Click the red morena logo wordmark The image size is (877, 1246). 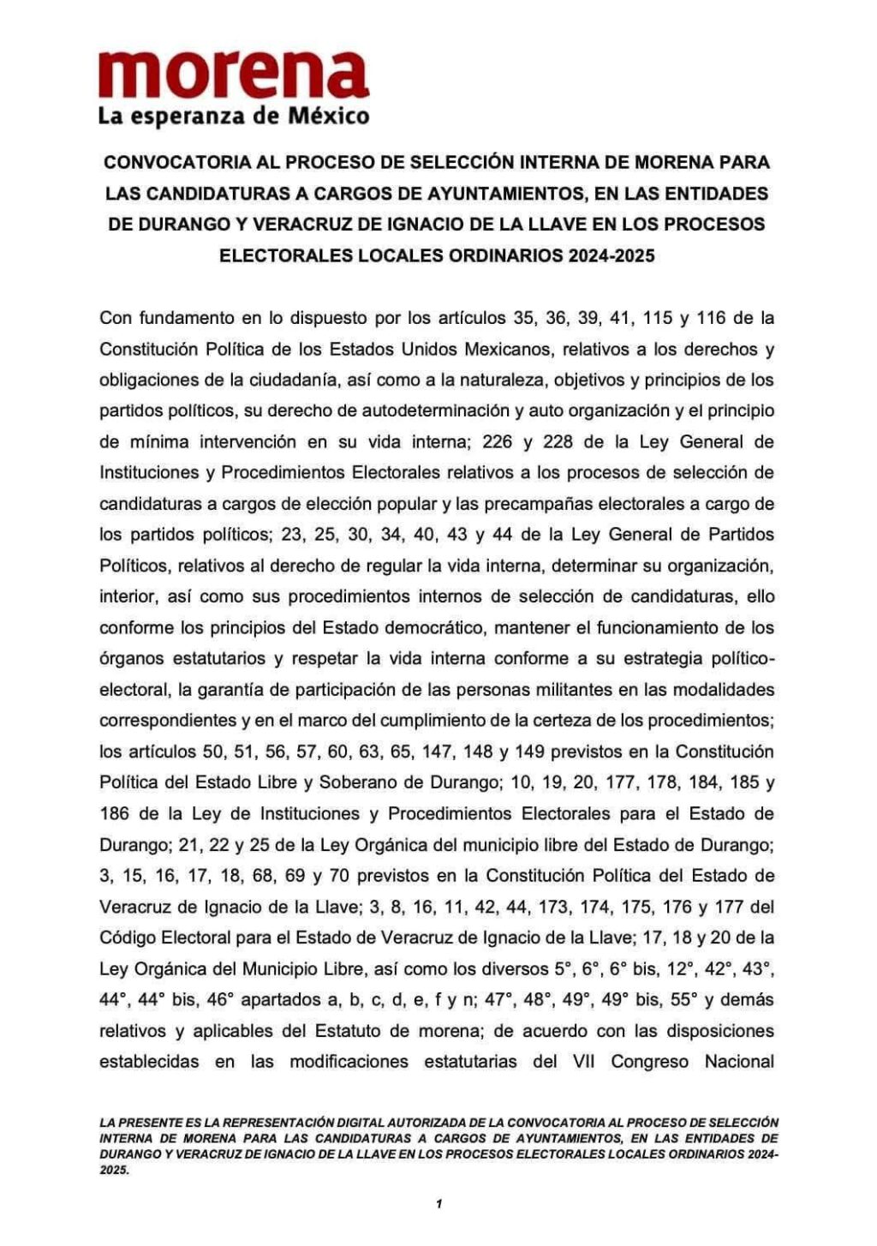coord(234,75)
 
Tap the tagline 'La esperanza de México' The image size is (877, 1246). coord(234,115)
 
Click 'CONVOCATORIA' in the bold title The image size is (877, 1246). coord(171,162)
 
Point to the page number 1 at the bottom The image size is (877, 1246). coord(438,1204)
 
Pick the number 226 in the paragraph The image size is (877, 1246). coord(500,441)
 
